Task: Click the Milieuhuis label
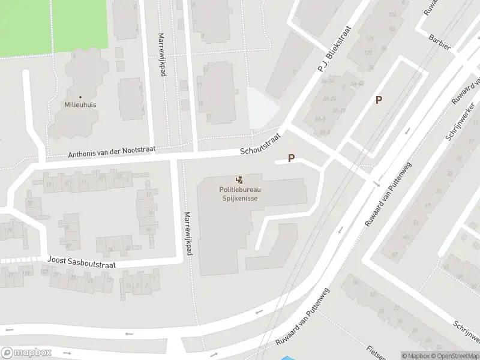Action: click(80, 104)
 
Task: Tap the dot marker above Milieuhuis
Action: click(80, 96)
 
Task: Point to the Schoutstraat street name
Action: click(260, 144)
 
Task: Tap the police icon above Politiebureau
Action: click(239, 179)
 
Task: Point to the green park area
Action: click(54, 27)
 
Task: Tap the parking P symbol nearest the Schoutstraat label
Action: click(292, 158)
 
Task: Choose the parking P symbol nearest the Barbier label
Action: click(379, 100)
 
